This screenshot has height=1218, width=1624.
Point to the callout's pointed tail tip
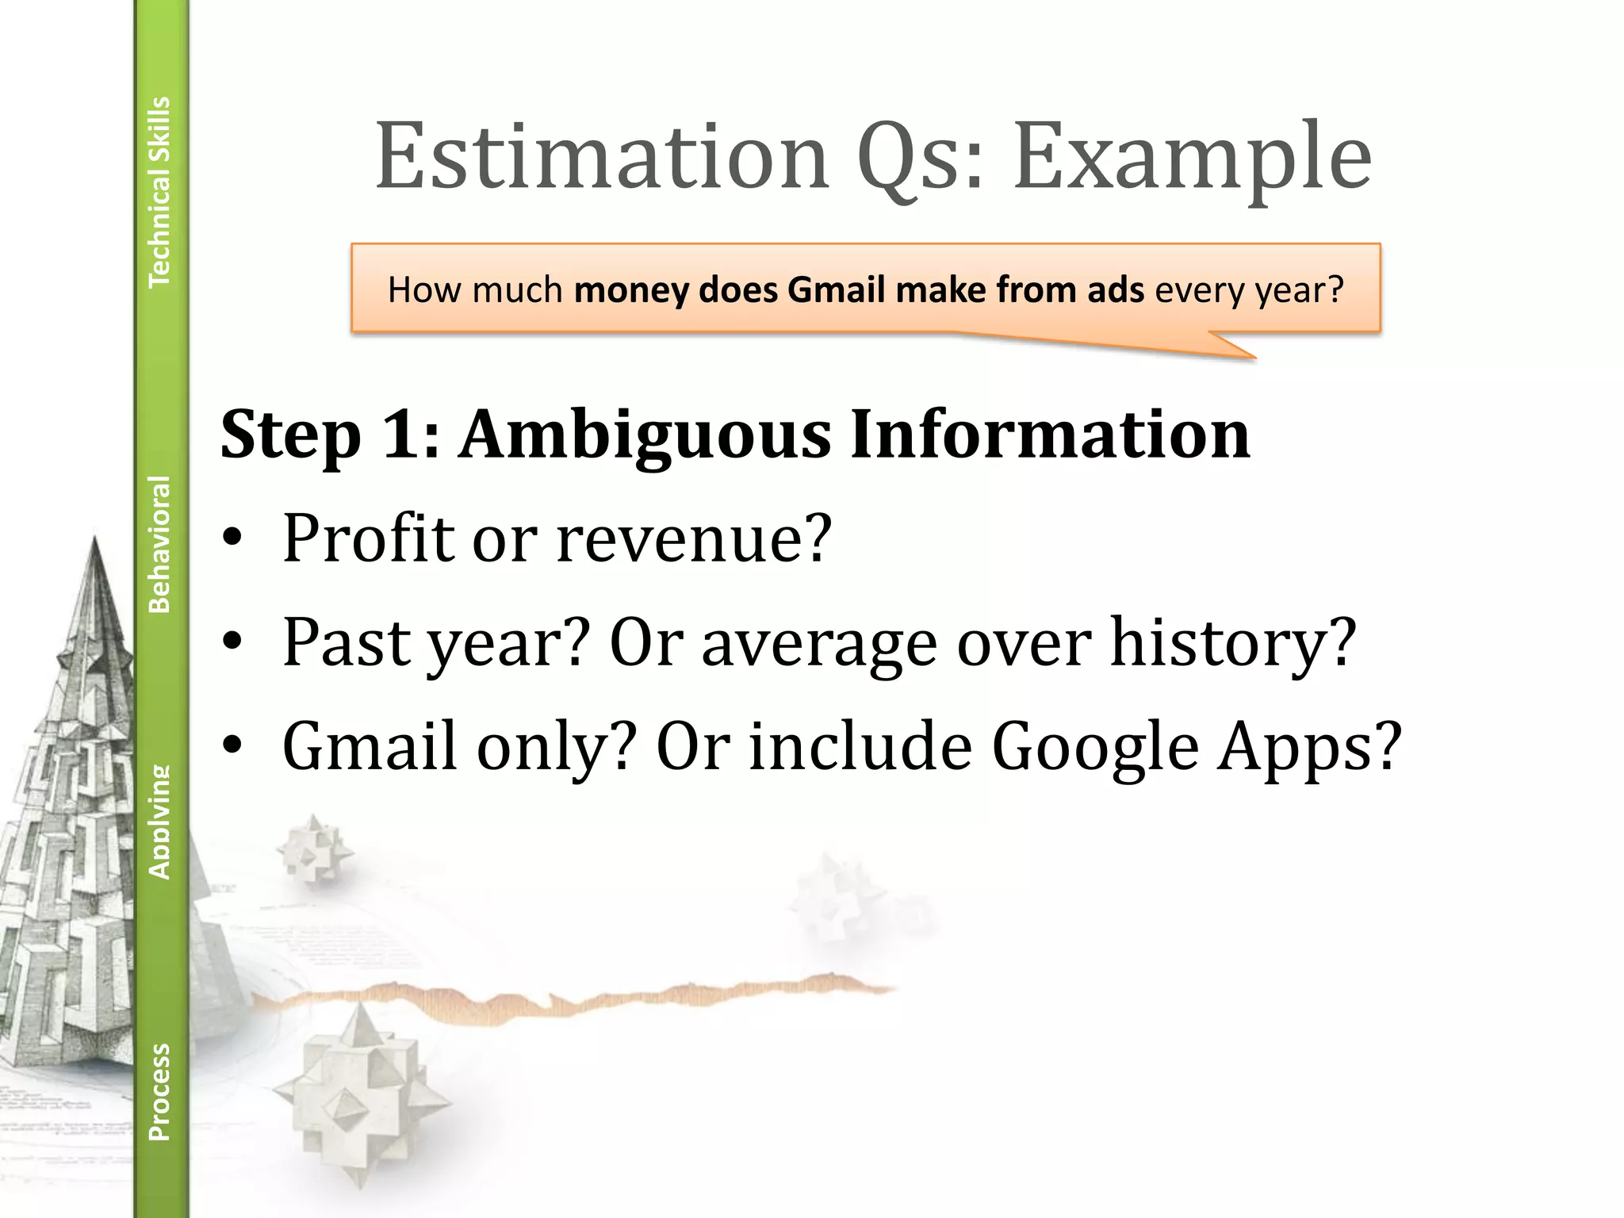pyautogui.click(x=1254, y=358)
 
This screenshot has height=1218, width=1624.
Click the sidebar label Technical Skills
pyautogui.click(x=159, y=191)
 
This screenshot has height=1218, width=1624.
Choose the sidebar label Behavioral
pyautogui.click(x=159, y=544)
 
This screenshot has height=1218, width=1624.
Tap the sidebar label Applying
pyautogui.click(x=159, y=822)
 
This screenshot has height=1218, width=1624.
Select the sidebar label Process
pyautogui.click(x=159, y=1092)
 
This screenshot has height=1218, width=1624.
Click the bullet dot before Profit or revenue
pyautogui.click(x=232, y=539)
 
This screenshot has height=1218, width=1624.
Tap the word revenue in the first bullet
pyautogui.click(x=693, y=539)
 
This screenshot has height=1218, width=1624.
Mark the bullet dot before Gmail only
pyautogui.click(x=232, y=747)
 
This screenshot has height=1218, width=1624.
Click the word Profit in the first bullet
pyautogui.click(x=368, y=539)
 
